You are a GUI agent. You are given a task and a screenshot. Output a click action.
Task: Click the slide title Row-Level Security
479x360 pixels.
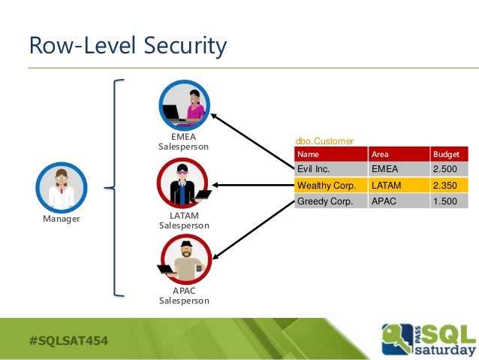point(127,47)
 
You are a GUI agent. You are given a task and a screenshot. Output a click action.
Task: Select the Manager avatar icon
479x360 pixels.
point(62,188)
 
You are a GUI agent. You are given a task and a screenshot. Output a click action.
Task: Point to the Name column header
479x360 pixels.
point(309,154)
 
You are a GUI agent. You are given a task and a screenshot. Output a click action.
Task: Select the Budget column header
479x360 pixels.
point(445,154)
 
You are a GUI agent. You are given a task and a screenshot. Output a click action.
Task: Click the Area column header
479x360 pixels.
point(380,154)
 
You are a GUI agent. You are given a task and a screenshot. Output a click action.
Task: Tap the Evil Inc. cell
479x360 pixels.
point(315,169)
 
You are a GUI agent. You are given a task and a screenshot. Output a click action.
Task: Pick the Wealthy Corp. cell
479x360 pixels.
point(326,185)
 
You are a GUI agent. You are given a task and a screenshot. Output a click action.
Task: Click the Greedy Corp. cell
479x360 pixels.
point(324,201)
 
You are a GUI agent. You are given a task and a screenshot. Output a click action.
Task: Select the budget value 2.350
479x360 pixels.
point(444,185)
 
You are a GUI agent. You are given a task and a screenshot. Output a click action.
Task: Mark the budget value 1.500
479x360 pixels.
point(444,201)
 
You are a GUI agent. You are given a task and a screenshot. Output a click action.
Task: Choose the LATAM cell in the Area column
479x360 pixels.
point(384,185)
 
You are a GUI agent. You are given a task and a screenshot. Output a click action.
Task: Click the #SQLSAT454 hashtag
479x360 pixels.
point(68,340)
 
